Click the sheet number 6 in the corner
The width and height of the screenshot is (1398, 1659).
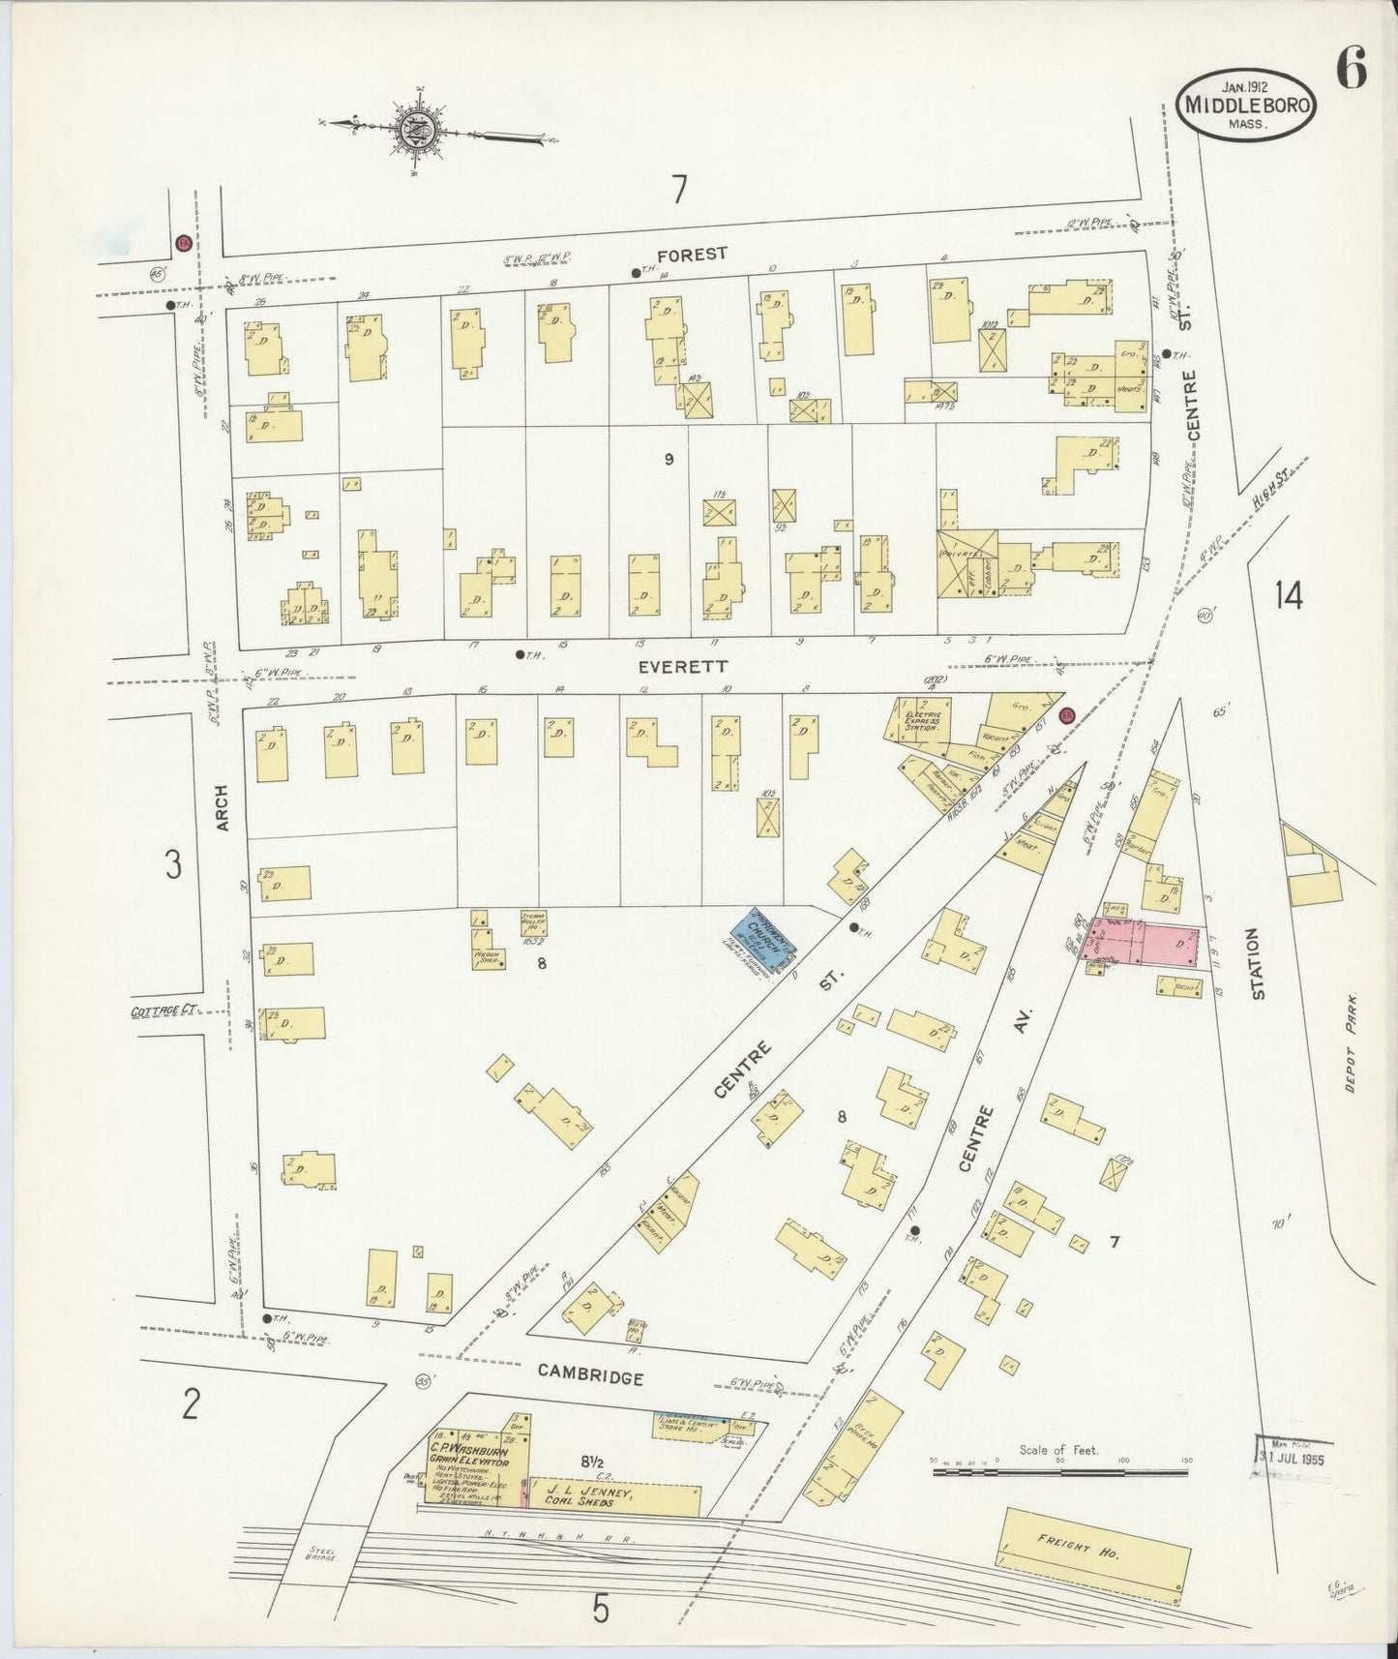coord(1351,70)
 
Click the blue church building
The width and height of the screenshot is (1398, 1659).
coord(761,938)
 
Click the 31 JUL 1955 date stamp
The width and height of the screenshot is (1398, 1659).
coord(1290,1457)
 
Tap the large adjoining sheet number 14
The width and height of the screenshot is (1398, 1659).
coord(1288,594)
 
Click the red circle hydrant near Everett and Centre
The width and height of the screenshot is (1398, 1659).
coord(1067,714)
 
